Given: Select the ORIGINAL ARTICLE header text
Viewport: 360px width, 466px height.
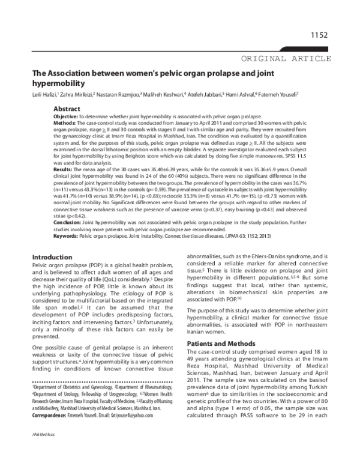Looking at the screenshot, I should click(286, 58).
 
